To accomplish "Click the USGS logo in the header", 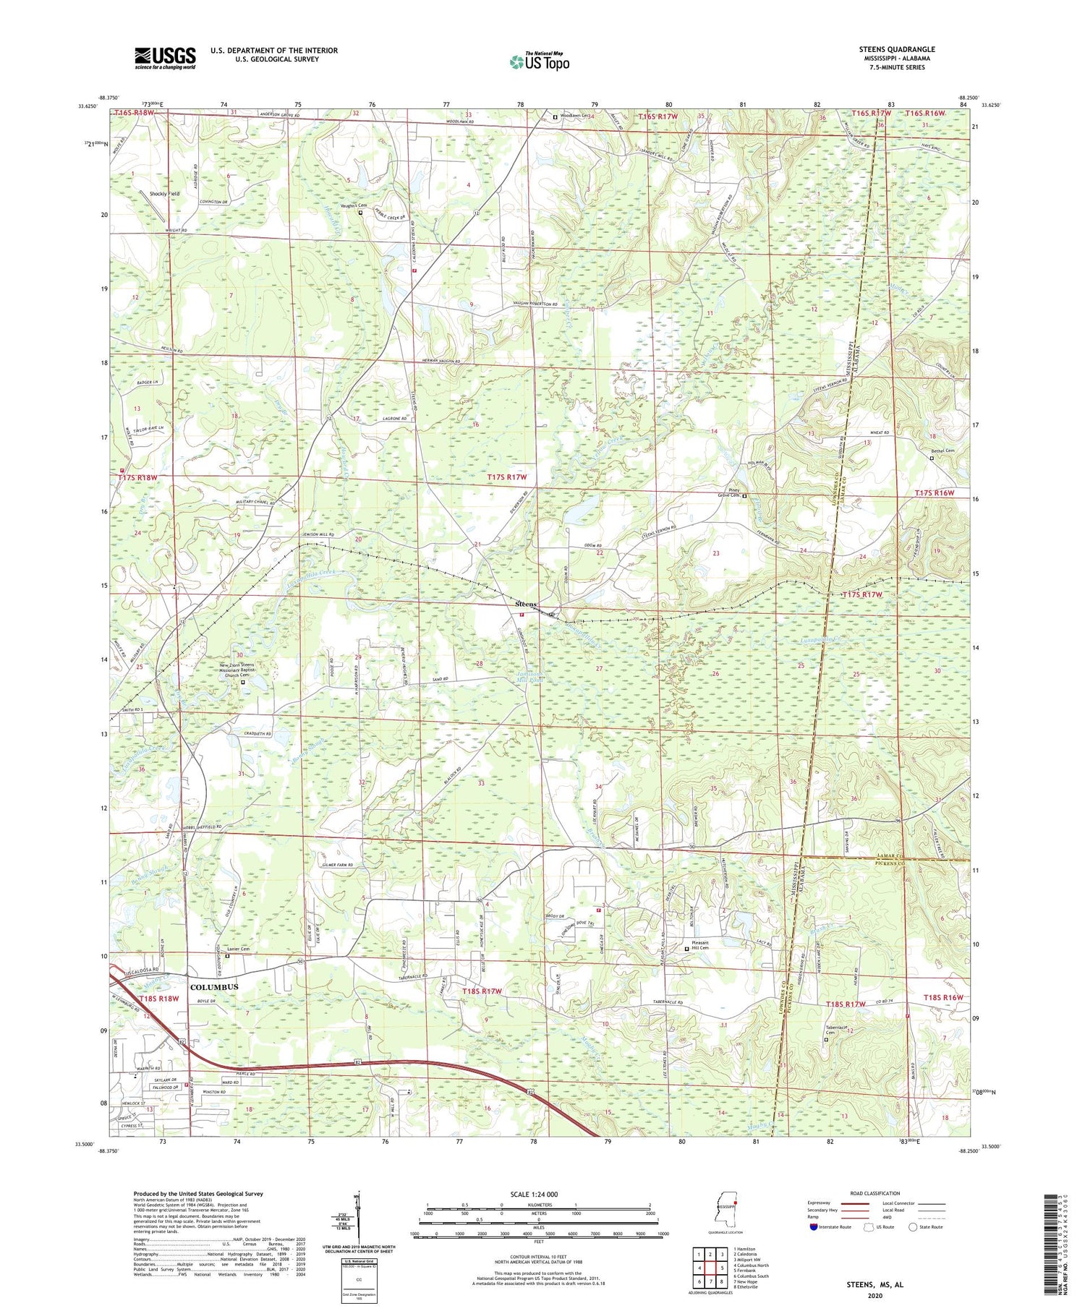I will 165,58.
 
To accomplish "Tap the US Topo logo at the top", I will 539,61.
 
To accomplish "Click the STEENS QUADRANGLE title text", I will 896,49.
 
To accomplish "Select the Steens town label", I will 526,604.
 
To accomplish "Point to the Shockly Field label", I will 164,194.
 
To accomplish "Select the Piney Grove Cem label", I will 728,495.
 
